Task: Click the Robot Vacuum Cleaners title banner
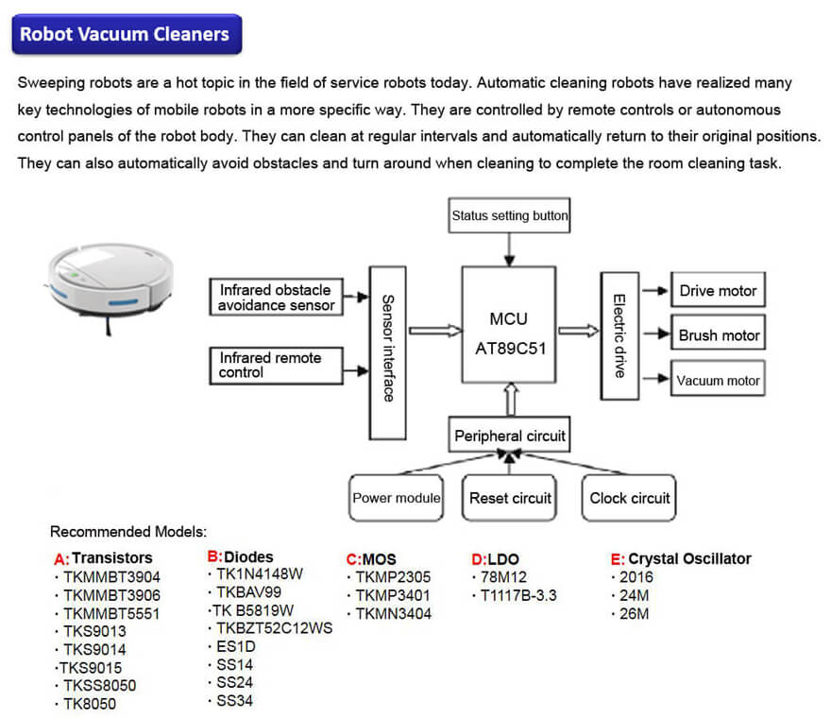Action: coord(126,35)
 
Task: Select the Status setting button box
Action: coord(509,216)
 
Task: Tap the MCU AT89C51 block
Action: coord(508,333)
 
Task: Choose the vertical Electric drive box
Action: coord(619,335)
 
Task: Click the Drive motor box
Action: coord(718,291)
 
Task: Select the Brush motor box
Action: coord(718,335)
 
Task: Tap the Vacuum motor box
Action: coord(718,380)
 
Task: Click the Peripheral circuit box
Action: coord(510,436)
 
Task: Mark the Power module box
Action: coord(397,498)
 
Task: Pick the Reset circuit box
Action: coord(510,498)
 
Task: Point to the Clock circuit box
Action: coord(629,498)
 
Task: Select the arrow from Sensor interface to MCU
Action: coord(435,331)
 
